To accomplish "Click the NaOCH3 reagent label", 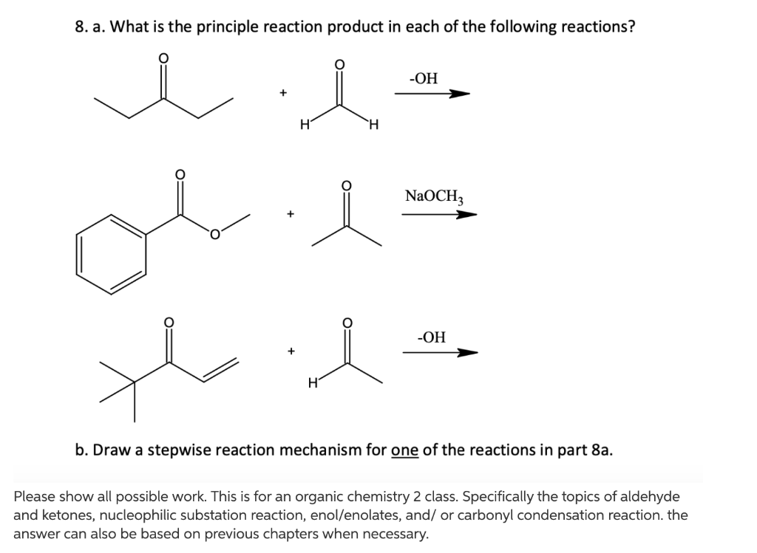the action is [434, 196].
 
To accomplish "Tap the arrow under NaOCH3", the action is [439, 215].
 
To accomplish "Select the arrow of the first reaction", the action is [432, 94].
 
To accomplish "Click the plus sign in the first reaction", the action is [282, 93].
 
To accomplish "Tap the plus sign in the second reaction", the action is [291, 215].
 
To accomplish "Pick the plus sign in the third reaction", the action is [292, 351].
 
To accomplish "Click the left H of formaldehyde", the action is [304, 126].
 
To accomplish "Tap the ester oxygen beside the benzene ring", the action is [214, 236].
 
